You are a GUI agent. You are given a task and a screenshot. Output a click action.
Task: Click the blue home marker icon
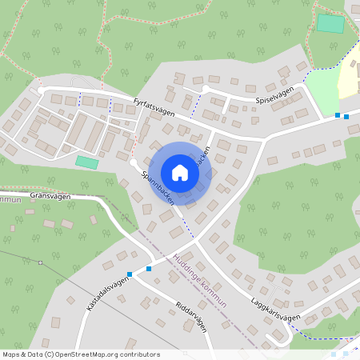click(180, 173)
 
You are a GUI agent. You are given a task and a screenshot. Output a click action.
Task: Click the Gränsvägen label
click(51, 196)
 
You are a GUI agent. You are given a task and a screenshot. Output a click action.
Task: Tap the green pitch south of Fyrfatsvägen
click(87, 162)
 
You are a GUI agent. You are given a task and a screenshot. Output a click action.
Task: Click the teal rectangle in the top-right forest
click(330, 23)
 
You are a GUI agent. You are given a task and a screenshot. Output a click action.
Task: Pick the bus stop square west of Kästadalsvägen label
click(130, 274)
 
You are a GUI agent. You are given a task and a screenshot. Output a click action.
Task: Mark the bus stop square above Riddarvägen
click(149, 269)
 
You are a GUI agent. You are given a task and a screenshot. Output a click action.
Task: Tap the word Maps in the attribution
click(11, 354)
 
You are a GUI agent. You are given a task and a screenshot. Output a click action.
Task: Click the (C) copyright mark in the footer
click(50, 354)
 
